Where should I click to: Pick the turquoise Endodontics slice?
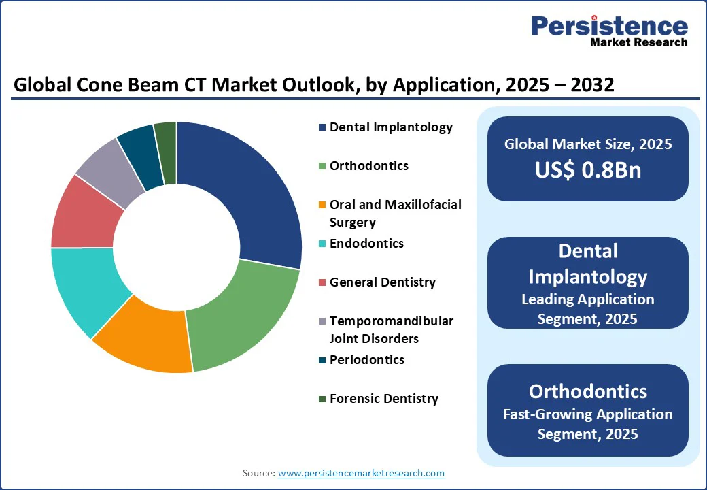tap(85, 286)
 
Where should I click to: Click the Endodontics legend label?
tap(366, 244)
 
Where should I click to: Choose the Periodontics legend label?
tap(366, 360)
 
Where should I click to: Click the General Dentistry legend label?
tap(382, 282)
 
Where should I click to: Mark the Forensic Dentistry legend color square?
tap(322, 399)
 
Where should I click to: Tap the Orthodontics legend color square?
tap(322, 167)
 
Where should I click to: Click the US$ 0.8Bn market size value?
tap(587, 170)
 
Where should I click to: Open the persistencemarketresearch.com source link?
tap(362, 473)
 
